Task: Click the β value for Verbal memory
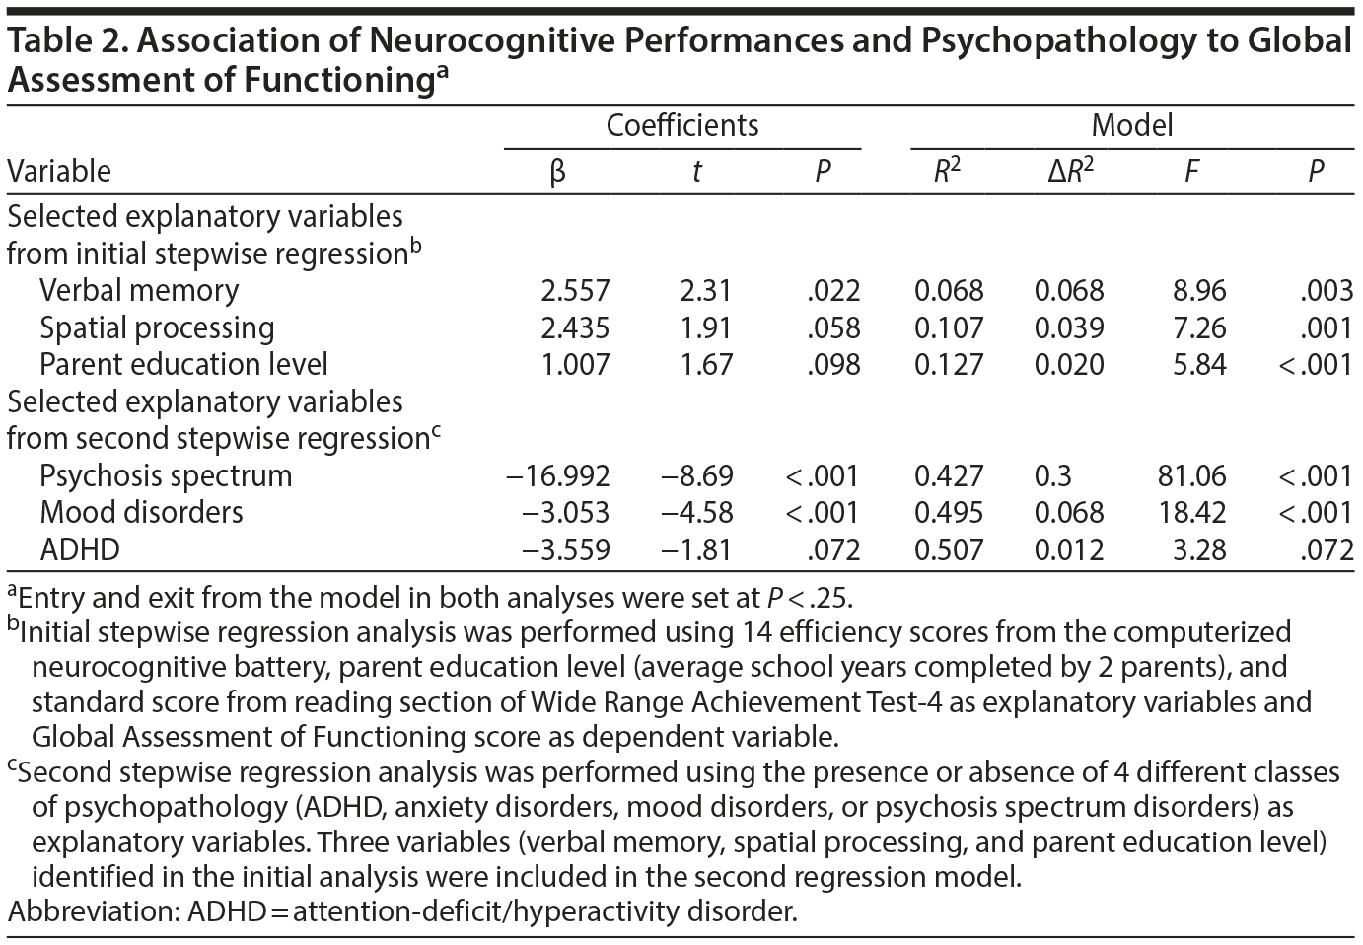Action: pos(575,291)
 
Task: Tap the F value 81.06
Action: pos(1190,475)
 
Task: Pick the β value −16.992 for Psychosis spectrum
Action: pos(556,475)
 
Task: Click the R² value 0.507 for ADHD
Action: pos(948,549)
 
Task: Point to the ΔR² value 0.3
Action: pos(1052,475)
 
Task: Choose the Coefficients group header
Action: pos(681,126)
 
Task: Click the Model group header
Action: pos(1131,126)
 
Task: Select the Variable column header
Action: pos(59,171)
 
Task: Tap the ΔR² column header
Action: pos(1070,171)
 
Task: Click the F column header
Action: pos(1191,172)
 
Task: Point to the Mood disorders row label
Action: pos(141,513)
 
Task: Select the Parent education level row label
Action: pos(183,364)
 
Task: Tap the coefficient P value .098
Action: pos(833,365)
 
